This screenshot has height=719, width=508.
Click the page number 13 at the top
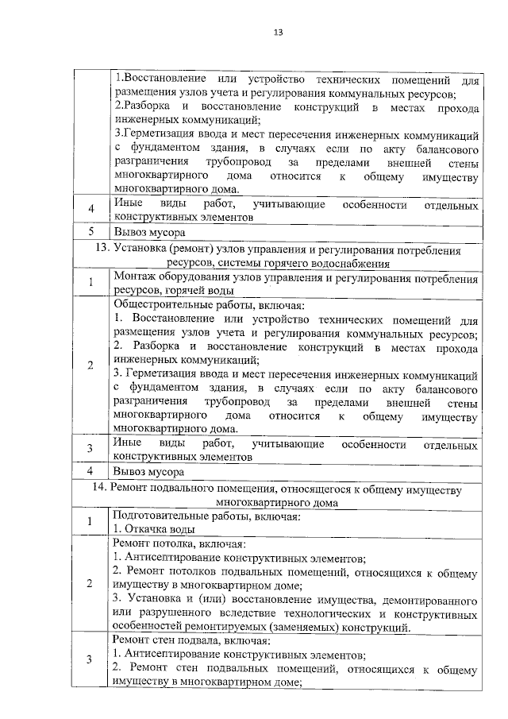point(278,33)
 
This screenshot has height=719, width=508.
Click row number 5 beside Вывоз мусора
point(91,232)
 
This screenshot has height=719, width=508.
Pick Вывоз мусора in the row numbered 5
point(150,233)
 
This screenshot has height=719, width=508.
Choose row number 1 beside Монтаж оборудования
point(91,283)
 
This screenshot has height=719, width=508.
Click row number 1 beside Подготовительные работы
point(90,522)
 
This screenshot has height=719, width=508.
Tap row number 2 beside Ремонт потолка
point(90,585)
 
